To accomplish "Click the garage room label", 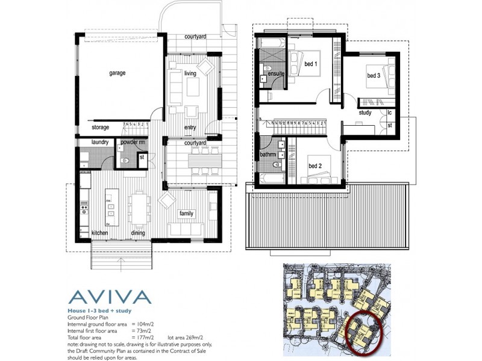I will point(117,73).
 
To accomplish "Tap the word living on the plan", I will point(191,73).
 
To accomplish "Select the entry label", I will point(190,127).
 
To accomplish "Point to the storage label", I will point(101,128).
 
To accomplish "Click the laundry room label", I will point(99,143).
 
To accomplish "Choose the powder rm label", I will point(133,143).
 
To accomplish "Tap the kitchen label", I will point(99,233).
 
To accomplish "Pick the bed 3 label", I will point(374,76).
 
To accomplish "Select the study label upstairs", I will point(365,113).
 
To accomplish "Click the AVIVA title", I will point(109,297).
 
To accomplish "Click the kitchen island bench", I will point(111,207).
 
